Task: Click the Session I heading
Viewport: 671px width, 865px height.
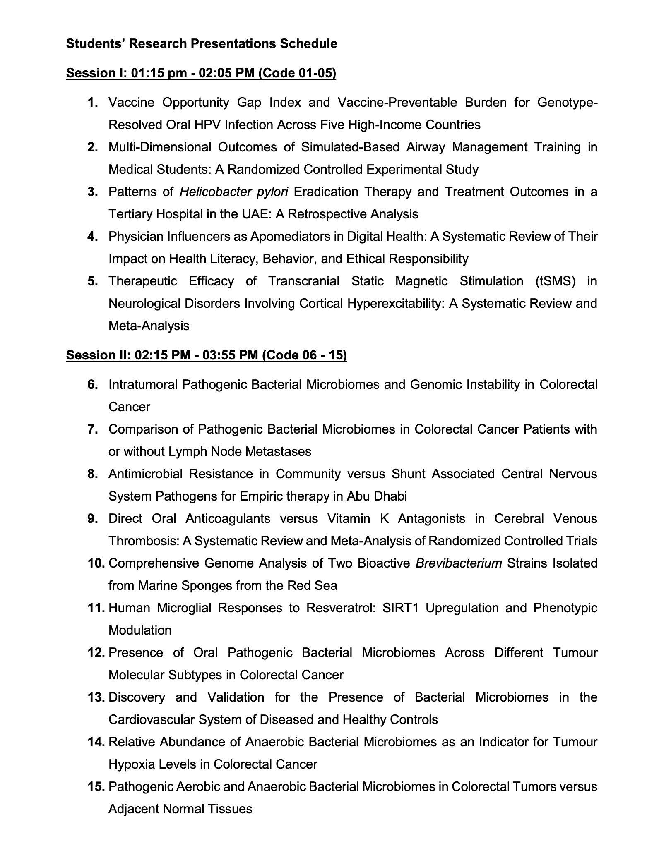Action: click(x=201, y=73)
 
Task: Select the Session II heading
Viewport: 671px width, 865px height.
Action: click(x=206, y=355)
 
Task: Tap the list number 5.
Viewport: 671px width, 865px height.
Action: click(x=93, y=281)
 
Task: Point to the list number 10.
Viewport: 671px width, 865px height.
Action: click(x=96, y=563)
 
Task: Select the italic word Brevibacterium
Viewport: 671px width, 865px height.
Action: click(x=459, y=563)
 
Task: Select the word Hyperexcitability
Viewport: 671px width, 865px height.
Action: click(x=394, y=304)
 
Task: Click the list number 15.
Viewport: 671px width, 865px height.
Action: click(x=96, y=787)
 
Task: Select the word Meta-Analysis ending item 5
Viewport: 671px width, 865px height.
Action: click(x=149, y=326)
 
